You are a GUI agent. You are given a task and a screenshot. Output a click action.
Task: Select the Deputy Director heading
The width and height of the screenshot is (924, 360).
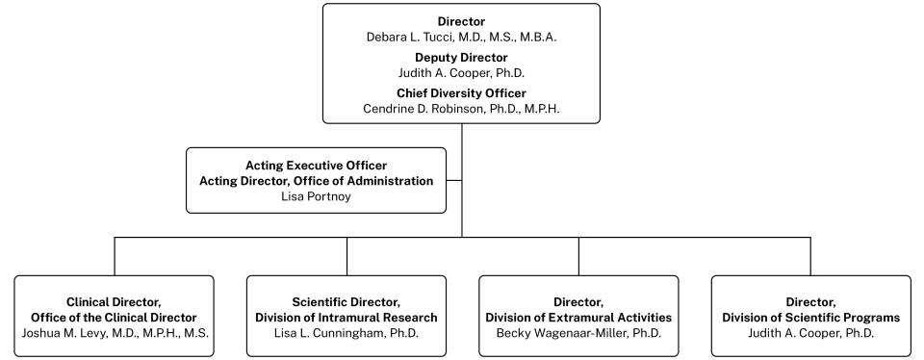(461, 57)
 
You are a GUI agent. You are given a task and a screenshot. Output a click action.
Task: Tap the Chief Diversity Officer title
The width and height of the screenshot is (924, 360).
(461, 92)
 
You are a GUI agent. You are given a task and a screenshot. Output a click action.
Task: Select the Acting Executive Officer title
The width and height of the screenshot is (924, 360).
(316, 165)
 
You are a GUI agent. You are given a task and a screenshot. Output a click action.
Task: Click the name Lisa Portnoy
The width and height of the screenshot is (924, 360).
(316, 195)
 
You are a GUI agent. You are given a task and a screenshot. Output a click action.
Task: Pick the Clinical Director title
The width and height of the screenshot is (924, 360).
(114, 301)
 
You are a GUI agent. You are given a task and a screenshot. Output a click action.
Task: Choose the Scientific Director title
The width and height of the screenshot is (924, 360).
(346, 301)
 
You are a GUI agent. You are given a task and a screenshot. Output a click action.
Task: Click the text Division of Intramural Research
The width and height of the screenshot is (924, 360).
(346, 317)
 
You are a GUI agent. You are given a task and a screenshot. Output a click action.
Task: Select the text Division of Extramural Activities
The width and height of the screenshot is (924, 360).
(578, 317)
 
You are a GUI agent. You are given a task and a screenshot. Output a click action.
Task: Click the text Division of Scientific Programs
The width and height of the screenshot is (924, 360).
(810, 317)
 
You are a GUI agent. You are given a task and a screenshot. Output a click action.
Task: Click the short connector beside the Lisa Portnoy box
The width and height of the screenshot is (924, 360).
(454, 179)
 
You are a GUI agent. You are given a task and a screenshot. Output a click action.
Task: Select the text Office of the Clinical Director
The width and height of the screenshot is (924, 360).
(114, 317)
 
